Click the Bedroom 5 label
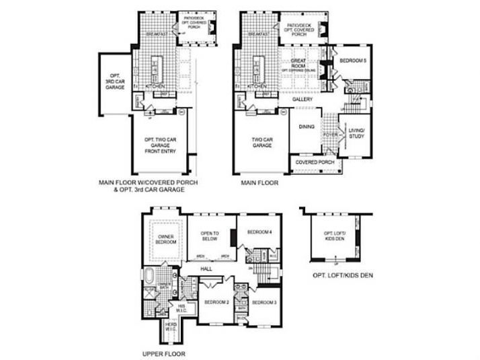point(353,61)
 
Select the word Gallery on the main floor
point(302,99)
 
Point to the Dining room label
point(306,126)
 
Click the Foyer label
point(330,135)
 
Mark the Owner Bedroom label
point(166,239)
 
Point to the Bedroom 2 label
point(217,301)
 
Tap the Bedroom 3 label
point(264,302)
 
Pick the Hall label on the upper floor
point(207,269)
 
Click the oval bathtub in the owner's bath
point(148,276)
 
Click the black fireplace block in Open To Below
point(232,237)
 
